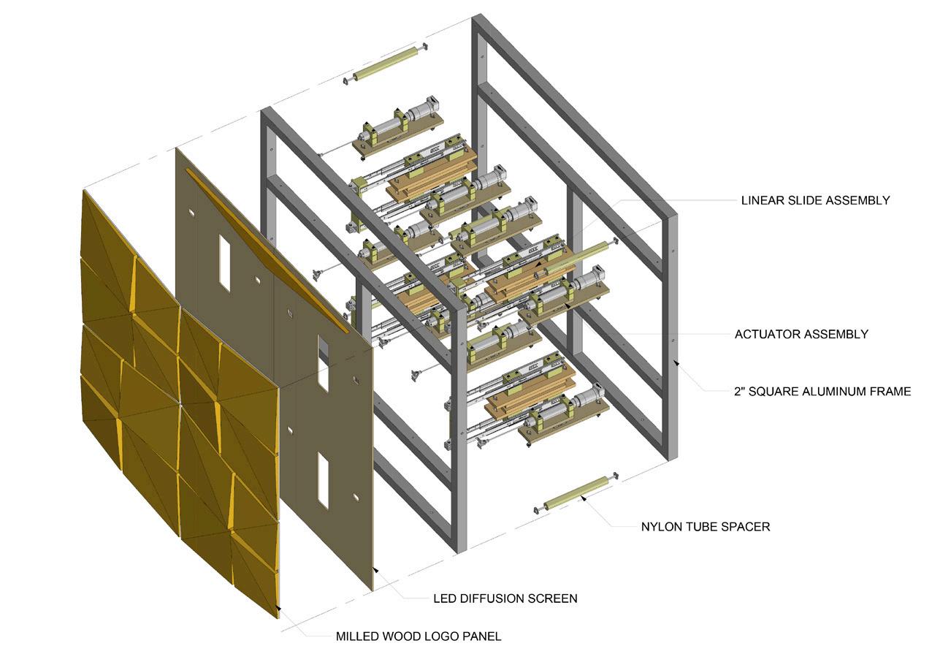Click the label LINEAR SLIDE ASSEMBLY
pyautogui.click(x=814, y=200)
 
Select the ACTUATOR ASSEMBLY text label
pyautogui.click(x=801, y=335)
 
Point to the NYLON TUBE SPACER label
pyautogui.click(x=705, y=526)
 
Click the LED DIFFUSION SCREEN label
pyautogui.click(x=505, y=598)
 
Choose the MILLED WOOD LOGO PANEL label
pyautogui.click(x=418, y=636)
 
